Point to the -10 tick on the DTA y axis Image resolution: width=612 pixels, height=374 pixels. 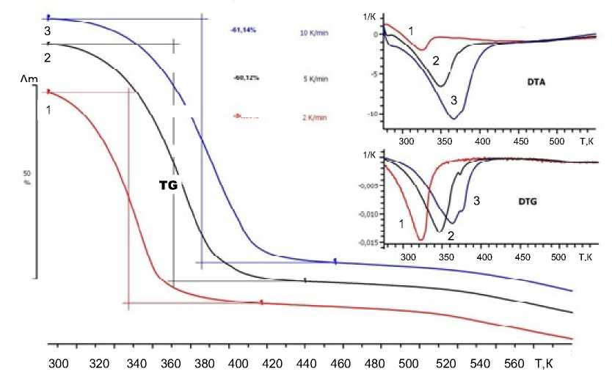click(x=372, y=114)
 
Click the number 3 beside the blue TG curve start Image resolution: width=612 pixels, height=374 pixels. click(x=47, y=32)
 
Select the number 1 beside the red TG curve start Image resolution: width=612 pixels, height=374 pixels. click(x=48, y=110)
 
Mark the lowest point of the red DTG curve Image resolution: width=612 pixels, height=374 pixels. click(x=420, y=239)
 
